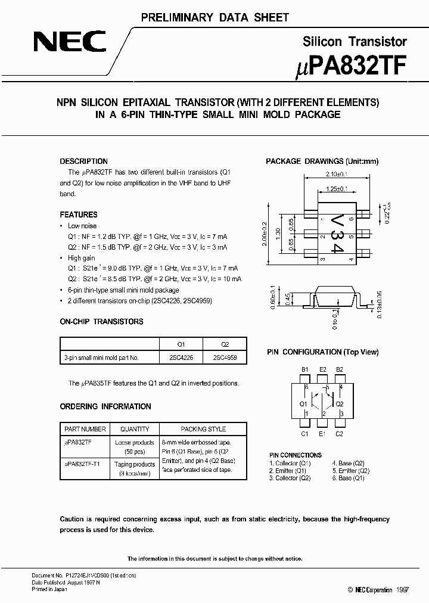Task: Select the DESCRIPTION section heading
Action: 84,161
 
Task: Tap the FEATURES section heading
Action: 79,215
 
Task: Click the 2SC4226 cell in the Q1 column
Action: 182,358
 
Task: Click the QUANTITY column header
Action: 135,429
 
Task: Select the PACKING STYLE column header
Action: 203,429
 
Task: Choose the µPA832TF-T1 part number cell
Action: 82,464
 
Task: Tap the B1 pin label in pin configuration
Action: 304,370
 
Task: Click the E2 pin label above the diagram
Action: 322,370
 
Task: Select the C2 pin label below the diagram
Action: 339,433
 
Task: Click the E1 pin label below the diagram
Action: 322,433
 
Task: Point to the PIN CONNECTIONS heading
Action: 296,455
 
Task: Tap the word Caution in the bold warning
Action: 72,519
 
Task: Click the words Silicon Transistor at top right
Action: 355,42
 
